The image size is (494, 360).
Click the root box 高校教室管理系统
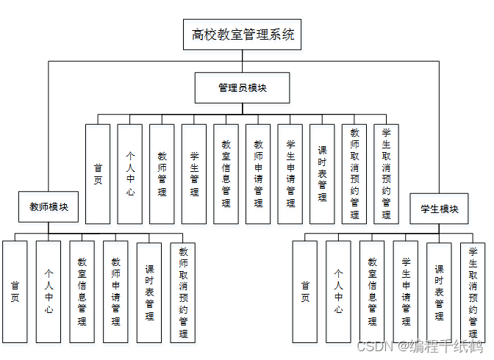[x=242, y=35]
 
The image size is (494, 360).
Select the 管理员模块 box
[x=242, y=87]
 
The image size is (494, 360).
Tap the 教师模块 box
[x=49, y=207]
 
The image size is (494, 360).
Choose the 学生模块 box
[x=439, y=209]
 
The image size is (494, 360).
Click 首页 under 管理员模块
[x=98, y=173]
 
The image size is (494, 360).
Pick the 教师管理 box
[x=162, y=173]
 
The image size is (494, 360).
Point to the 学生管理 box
[x=194, y=173]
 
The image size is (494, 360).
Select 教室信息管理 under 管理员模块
[x=226, y=173]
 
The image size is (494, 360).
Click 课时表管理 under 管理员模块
[x=322, y=173]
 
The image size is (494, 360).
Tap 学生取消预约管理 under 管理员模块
[x=386, y=173]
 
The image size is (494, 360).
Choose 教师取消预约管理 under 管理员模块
[x=354, y=173]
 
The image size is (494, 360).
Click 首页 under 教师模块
[x=15, y=292]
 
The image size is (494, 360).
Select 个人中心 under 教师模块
[x=49, y=292]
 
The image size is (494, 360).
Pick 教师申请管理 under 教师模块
[x=115, y=292]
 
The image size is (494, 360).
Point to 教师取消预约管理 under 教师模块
[x=183, y=292]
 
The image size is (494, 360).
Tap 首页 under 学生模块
[x=305, y=292]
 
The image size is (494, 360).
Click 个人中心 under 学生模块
[x=338, y=292]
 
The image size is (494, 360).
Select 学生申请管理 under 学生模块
[x=406, y=292]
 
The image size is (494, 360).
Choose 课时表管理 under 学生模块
[x=439, y=292]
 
